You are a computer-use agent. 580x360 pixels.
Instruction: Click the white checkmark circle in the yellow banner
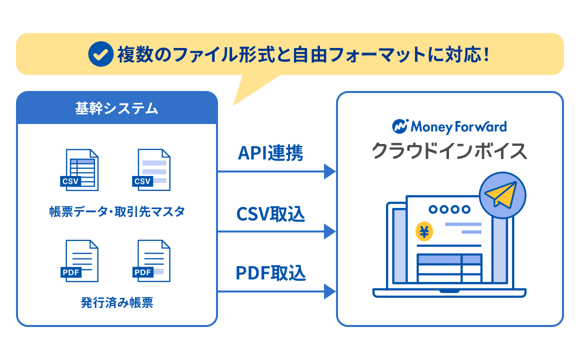tap(100, 54)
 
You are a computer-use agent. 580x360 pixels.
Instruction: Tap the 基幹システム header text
tap(116, 108)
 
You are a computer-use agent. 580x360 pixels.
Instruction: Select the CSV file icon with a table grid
tap(80, 170)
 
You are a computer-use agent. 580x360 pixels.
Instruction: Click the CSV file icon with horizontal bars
tap(152, 170)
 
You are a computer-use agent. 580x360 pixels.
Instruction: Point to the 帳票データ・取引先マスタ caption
tap(117, 211)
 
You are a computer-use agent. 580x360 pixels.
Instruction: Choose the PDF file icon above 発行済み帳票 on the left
tap(80, 261)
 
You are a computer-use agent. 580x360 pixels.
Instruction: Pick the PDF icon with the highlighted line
tap(152, 261)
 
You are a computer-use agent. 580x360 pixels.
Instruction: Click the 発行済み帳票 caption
tap(117, 302)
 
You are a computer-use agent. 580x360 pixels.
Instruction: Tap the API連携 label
tap(270, 153)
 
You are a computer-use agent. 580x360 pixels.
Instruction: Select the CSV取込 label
tap(270, 214)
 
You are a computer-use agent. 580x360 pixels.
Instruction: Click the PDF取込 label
tap(270, 273)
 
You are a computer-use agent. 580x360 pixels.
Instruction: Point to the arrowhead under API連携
tap(329, 171)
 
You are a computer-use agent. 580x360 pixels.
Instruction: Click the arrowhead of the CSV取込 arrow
tap(329, 231)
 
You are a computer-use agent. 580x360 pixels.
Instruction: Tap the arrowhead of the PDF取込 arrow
tap(329, 291)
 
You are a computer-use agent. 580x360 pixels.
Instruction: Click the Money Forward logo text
tap(458, 126)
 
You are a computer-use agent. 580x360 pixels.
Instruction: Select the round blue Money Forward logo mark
tap(400, 126)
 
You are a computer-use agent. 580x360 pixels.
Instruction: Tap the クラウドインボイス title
tap(449, 150)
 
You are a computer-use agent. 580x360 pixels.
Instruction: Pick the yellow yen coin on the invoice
tap(424, 232)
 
